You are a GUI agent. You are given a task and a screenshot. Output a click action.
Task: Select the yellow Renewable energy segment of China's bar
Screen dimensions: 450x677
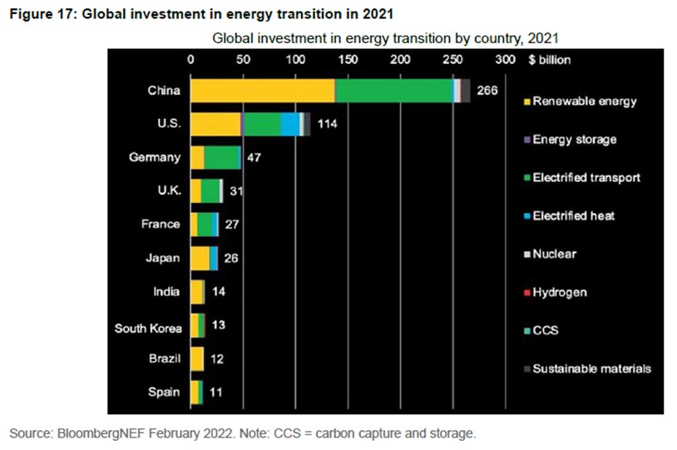coord(262,91)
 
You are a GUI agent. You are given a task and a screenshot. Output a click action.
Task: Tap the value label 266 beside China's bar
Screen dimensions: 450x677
coord(487,91)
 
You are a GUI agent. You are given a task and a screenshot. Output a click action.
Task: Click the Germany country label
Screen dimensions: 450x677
coord(155,157)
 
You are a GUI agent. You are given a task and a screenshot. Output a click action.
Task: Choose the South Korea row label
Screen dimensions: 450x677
coord(147,328)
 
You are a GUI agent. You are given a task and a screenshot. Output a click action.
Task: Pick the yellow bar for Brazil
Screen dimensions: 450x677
coord(197,359)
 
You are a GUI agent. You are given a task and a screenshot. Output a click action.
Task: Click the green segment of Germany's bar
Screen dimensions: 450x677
coord(222,157)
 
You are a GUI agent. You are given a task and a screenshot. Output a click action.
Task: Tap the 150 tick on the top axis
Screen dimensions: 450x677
coord(348,60)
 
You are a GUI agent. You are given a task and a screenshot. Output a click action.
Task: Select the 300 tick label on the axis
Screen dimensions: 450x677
coord(505,60)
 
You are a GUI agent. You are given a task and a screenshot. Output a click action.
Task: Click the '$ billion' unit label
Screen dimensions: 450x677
coord(550,60)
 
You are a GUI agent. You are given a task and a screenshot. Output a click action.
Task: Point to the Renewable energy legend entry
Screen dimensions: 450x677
coord(584,101)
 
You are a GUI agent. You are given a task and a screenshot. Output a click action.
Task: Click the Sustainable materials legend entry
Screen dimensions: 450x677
coord(591,368)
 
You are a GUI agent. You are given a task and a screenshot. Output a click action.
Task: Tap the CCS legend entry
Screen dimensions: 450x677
coord(546,330)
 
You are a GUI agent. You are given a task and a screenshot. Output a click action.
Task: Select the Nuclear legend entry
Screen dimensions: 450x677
coord(554,254)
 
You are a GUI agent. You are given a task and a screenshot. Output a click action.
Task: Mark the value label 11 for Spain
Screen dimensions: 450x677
coord(215,392)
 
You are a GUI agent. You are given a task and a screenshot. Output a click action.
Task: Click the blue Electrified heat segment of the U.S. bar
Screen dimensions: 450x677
coord(289,124)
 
